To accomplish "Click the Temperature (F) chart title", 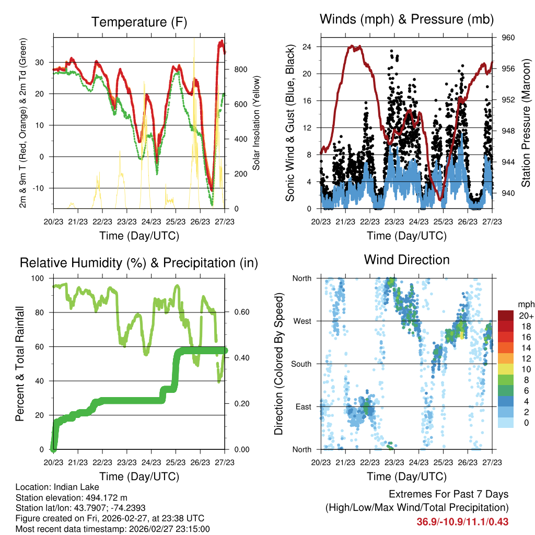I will [x=139, y=22].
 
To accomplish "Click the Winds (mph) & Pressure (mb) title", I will [x=406, y=20].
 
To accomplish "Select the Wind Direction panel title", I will [x=406, y=260].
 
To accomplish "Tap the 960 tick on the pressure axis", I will [x=509, y=38].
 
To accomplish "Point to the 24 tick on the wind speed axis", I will [x=307, y=46].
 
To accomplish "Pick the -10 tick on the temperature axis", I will [x=40, y=188].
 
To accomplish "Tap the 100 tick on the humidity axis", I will [x=39, y=278].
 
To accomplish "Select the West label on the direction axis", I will [x=301, y=321].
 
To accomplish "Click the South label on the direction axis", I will [x=301, y=364].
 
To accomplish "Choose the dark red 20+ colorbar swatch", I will [x=506, y=316].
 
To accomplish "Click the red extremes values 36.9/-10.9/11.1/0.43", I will [x=462, y=522].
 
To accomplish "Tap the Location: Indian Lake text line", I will [x=54, y=487].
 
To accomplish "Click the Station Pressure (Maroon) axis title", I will [x=526, y=123].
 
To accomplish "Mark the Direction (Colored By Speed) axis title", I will [x=278, y=364].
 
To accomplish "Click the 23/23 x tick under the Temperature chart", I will [x=126, y=222].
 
